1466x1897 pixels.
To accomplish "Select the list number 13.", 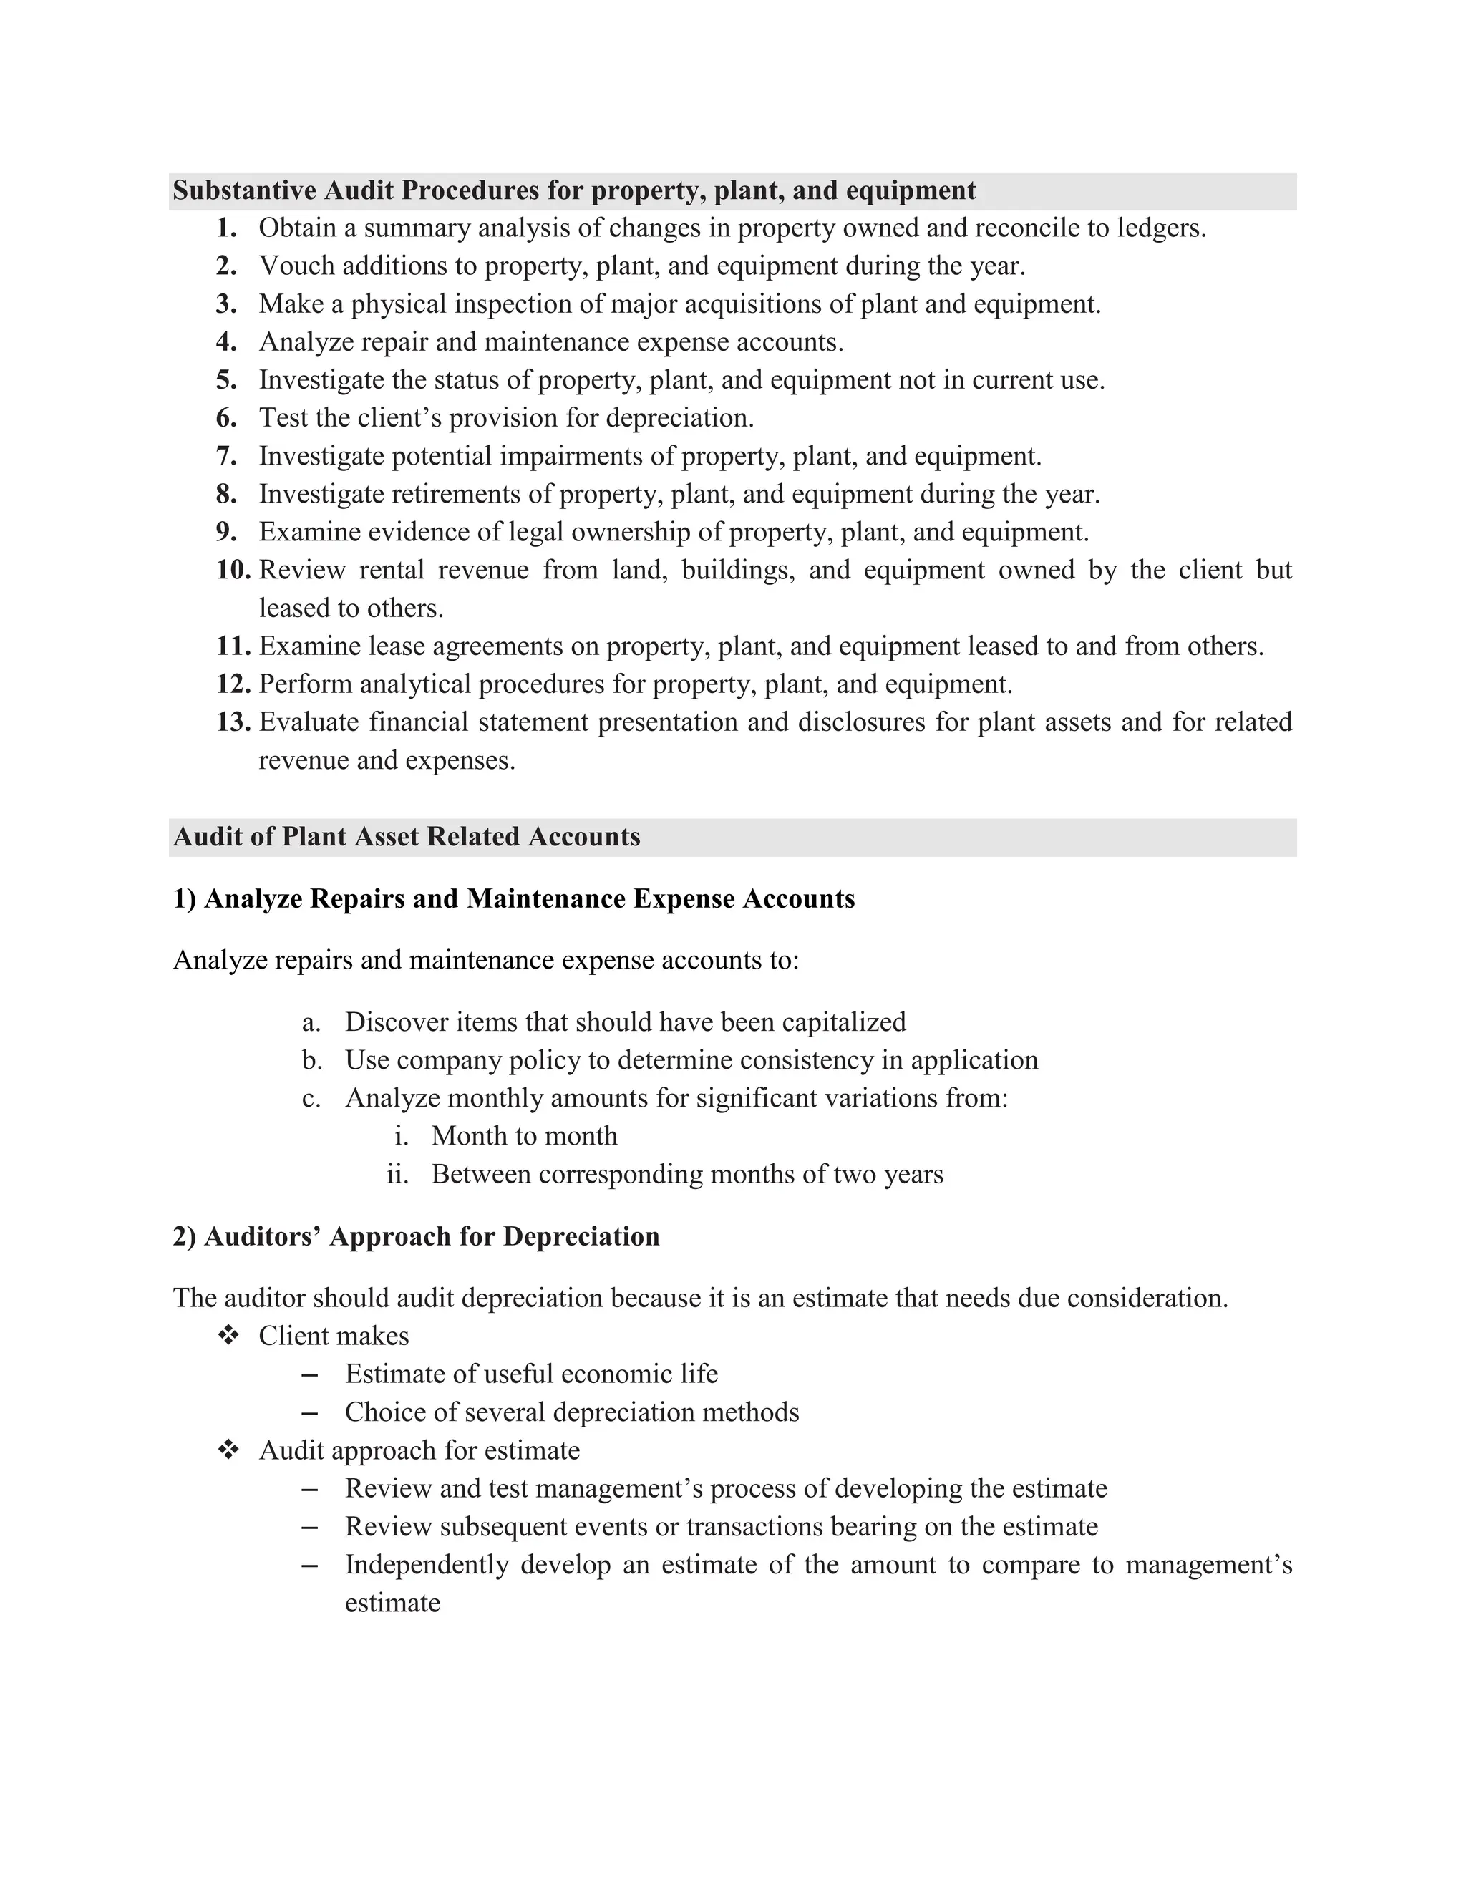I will [x=233, y=722].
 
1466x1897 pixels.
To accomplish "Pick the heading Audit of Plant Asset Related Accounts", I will [x=407, y=836].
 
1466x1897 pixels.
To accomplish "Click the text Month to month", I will [x=525, y=1136].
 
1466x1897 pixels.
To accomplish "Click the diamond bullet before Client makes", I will [x=228, y=1336].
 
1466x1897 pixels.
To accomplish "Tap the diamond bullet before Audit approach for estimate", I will [x=228, y=1450].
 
